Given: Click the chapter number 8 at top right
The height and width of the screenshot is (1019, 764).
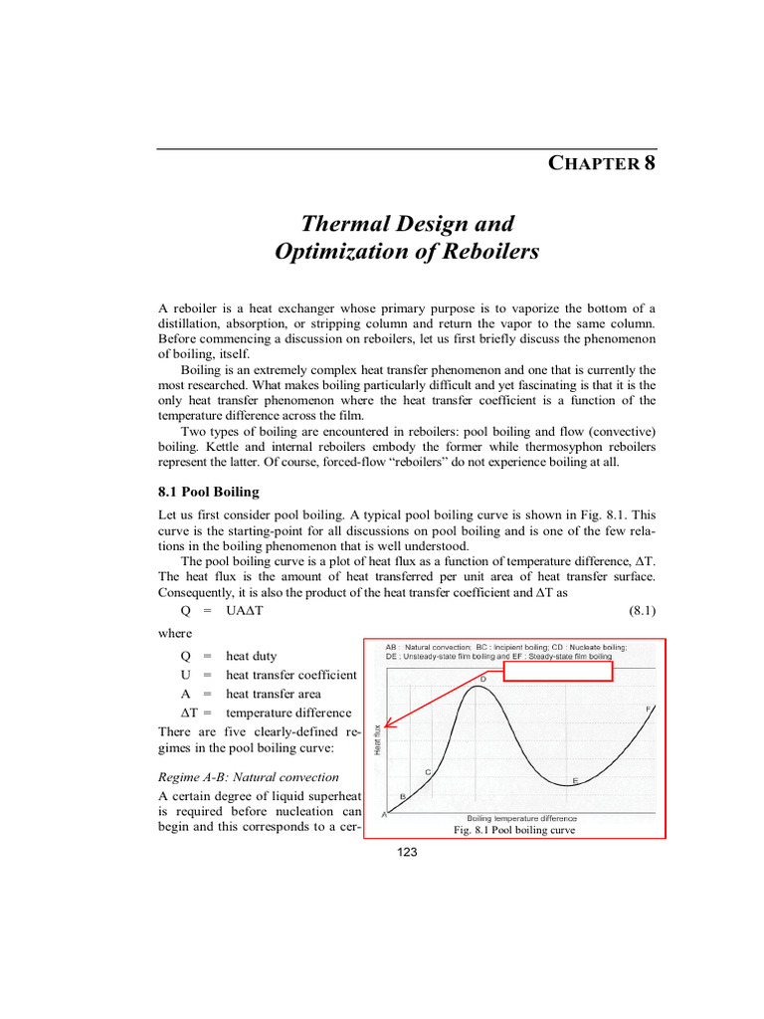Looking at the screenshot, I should click(649, 162).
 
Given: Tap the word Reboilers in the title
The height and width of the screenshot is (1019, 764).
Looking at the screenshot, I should click(489, 252).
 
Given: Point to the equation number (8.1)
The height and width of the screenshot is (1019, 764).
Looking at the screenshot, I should click(636, 609).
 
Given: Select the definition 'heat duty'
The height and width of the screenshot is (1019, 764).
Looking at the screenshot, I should click(252, 656).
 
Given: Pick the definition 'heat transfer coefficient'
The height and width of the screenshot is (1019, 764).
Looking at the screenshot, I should click(291, 675).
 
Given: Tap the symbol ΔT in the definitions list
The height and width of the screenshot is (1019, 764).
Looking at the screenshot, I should click(169, 713).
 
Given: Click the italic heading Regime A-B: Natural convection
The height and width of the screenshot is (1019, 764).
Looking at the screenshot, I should click(249, 776).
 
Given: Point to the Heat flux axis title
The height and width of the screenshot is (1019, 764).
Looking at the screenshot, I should click(377, 738).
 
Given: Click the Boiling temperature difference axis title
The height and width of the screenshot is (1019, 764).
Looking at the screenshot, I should click(521, 818).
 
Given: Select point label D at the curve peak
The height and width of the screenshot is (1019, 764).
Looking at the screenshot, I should click(482, 679).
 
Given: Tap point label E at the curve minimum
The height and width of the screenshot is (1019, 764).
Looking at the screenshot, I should click(576, 779).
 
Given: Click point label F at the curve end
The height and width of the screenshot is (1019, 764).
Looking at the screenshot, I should click(648, 708).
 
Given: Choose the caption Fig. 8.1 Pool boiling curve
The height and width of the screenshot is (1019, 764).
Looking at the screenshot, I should click(513, 830).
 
